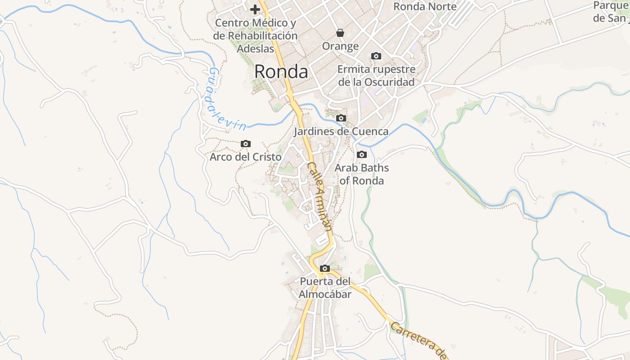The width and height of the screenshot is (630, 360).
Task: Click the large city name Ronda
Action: (281, 72)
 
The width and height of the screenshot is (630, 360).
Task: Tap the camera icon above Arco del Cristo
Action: (246, 144)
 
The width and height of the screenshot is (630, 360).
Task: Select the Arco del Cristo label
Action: (246, 157)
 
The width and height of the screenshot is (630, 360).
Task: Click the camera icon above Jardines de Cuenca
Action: (341, 118)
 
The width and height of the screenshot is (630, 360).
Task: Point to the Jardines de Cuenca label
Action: (341, 131)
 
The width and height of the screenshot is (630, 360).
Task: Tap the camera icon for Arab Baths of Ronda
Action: (361, 155)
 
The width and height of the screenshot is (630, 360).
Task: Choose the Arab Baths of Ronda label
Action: (361, 174)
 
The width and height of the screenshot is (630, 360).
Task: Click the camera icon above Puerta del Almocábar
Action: (324, 269)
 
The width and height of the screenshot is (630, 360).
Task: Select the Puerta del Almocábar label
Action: (325, 288)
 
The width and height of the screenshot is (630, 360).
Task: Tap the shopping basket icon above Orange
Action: (340, 33)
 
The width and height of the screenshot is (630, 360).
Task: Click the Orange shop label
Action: (340, 46)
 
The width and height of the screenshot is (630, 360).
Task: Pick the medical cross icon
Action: (255, 9)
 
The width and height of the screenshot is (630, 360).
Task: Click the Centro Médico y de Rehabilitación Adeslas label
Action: (256, 36)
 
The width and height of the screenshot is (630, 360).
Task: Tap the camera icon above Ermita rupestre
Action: (376, 56)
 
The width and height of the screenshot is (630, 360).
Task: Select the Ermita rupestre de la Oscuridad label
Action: (376, 76)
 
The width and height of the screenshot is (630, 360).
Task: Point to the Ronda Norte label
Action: (425, 7)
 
